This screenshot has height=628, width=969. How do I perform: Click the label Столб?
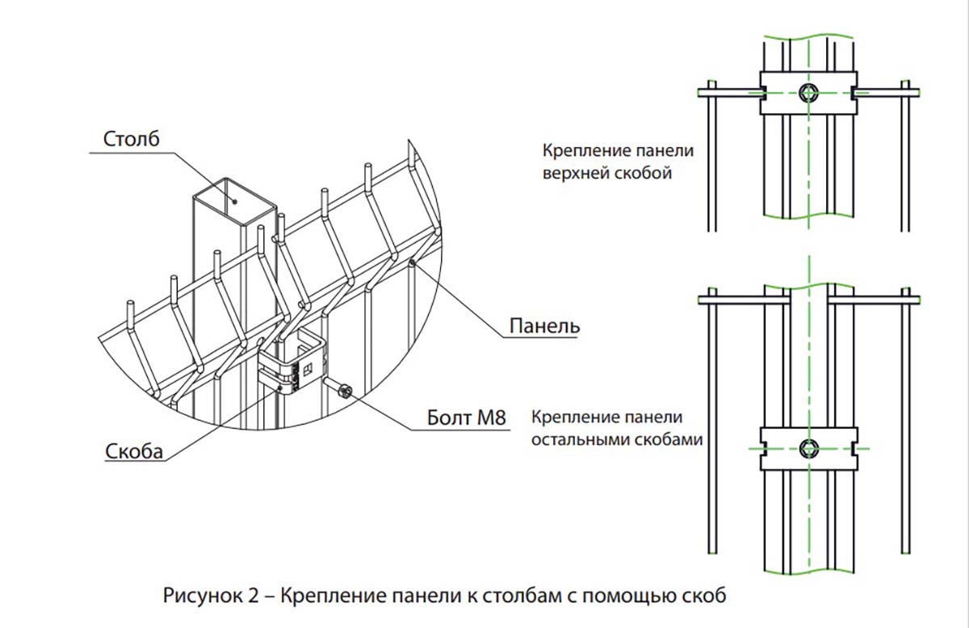(x=131, y=139)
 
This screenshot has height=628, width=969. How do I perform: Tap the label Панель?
(x=544, y=325)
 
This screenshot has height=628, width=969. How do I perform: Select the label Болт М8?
(x=467, y=418)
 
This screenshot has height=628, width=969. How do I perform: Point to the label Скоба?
(x=134, y=451)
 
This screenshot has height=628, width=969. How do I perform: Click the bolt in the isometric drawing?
(x=339, y=388)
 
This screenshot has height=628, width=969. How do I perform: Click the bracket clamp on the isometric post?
(x=292, y=360)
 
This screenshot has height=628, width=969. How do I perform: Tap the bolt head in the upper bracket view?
(x=808, y=93)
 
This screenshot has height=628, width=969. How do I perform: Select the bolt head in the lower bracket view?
(x=808, y=449)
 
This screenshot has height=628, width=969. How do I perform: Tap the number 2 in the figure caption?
(x=254, y=596)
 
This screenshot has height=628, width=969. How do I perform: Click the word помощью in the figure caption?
(x=623, y=596)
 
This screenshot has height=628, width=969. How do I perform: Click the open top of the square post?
(x=234, y=201)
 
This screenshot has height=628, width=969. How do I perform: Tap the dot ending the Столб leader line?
(x=235, y=201)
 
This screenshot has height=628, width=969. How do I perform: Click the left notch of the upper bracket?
(x=764, y=93)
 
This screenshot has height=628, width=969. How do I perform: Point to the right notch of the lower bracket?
(x=854, y=449)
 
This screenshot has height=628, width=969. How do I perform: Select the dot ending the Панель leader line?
(x=413, y=262)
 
